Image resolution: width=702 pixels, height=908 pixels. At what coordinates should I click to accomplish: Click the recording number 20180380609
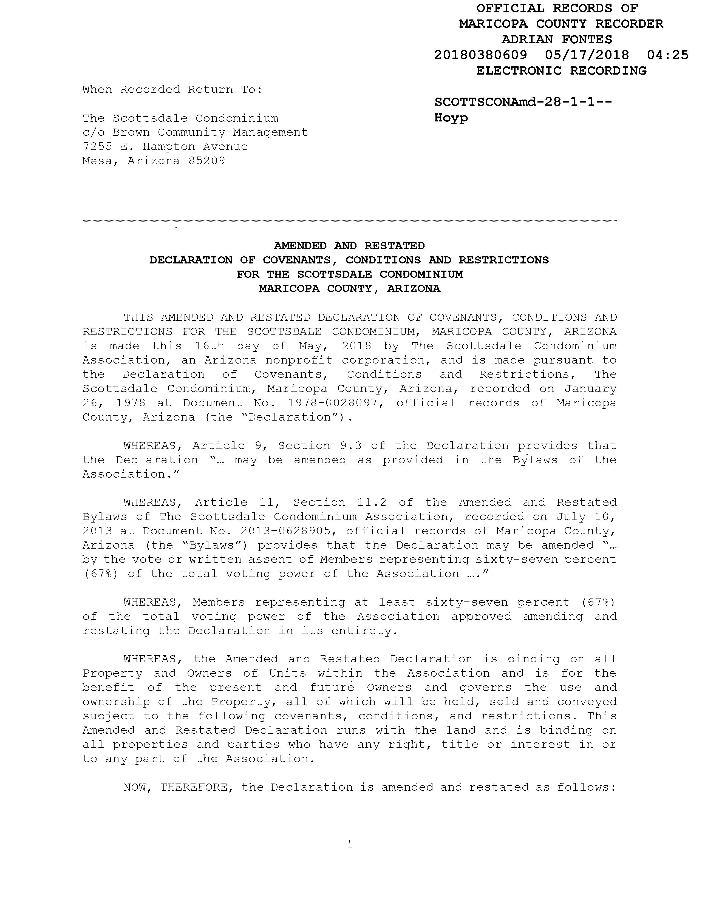click(x=480, y=55)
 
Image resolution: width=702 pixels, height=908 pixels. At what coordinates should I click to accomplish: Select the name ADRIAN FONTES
click(x=557, y=39)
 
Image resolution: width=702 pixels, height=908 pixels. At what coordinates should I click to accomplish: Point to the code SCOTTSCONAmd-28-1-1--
click(x=523, y=102)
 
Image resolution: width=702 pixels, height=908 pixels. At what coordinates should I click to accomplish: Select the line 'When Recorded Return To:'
click(x=172, y=89)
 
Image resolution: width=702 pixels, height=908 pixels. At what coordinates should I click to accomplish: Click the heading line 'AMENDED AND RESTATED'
click(x=349, y=246)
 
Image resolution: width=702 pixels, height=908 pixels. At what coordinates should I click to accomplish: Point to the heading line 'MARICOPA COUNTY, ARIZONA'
click(x=349, y=288)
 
